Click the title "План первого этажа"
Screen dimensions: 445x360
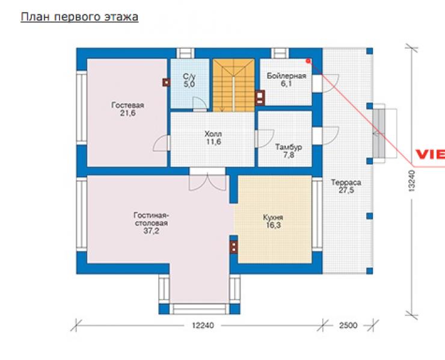coord(79,17)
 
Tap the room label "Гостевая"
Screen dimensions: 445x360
coord(127,105)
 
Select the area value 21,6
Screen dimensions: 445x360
coord(127,113)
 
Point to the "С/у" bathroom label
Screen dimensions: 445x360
coord(189,76)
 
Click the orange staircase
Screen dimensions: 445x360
coord(233,85)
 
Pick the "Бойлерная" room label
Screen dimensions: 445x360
coord(286,76)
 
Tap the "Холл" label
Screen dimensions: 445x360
coord(213,134)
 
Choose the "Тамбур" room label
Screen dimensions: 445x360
coord(288,147)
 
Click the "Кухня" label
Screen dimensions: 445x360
coord(273,218)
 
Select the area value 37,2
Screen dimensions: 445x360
coord(152,231)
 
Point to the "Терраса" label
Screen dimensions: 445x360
coord(346,182)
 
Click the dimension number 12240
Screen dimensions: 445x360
coord(203,325)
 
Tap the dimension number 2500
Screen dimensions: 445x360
coord(348,325)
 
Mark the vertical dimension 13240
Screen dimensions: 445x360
coord(412,181)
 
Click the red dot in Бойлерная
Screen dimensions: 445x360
coord(308,61)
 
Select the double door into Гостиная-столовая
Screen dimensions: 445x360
coord(207,179)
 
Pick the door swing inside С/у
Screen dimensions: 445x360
coord(200,104)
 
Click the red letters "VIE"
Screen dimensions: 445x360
coord(430,154)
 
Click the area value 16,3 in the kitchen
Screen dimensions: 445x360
coord(273,225)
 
